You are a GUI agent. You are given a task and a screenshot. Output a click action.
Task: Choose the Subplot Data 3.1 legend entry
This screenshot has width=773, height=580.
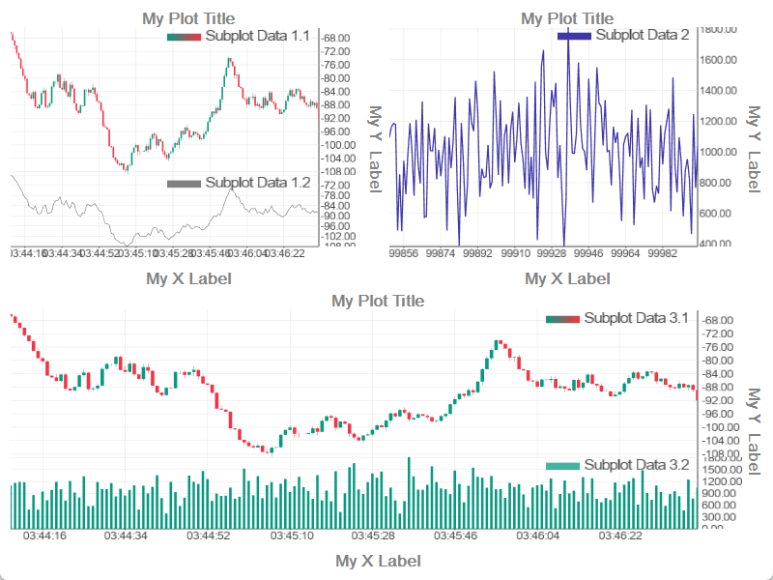(x=617, y=317)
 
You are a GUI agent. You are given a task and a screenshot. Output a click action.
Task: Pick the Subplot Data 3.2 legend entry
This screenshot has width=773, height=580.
(x=617, y=465)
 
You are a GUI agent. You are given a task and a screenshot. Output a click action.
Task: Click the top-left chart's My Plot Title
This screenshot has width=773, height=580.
(x=187, y=17)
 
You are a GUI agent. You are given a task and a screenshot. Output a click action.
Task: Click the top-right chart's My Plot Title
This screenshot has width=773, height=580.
(x=566, y=17)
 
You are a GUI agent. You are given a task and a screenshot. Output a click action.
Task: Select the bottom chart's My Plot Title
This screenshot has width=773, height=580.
(x=377, y=300)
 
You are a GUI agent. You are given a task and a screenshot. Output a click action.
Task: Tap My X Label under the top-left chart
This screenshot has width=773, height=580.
(x=187, y=278)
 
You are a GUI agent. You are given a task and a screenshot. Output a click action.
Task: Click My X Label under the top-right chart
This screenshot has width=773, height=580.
(x=566, y=278)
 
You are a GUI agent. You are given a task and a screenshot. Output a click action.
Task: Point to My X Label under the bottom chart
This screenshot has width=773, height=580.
(x=377, y=561)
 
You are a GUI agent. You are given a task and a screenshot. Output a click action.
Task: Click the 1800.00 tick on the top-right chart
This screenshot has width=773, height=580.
(x=718, y=29)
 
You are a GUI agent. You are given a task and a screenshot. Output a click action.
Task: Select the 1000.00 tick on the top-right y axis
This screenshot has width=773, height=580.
(x=718, y=152)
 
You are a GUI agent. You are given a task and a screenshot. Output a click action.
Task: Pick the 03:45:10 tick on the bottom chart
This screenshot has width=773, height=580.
(x=292, y=536)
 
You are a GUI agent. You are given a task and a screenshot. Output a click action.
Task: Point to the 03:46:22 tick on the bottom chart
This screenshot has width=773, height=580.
(x=621, y=536)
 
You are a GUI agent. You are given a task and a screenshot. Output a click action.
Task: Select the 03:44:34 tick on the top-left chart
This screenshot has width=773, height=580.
(x=63, y=253)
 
